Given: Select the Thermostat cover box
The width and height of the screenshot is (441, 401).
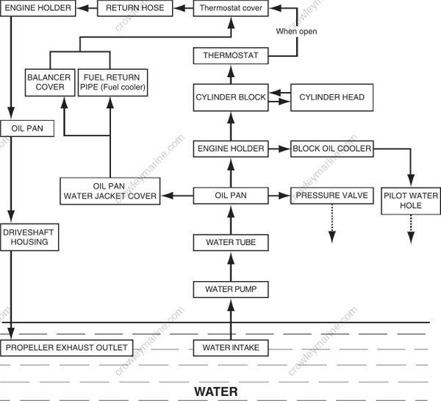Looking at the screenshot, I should click(x=230, y=9).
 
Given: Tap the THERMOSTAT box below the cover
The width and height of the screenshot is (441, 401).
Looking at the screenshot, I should click(x=230, y=56).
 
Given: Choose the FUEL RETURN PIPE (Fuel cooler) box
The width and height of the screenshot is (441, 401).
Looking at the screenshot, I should click(x=114, y=82).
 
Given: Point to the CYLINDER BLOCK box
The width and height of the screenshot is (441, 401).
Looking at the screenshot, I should click(x=230, y=97).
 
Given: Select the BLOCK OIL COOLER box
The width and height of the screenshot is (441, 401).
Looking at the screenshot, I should click(x=331, y=149).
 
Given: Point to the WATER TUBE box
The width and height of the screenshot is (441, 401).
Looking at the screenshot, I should click(x=230, y=242).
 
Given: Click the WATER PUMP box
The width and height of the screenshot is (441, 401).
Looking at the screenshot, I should click(x=230, y=289).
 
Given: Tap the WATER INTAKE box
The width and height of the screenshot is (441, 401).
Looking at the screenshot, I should click(x=230, y=347).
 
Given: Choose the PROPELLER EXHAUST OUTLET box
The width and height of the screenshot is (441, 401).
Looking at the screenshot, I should click(x=66, y=347).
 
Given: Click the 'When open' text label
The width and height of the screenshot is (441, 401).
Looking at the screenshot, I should click(x=296, y=32).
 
